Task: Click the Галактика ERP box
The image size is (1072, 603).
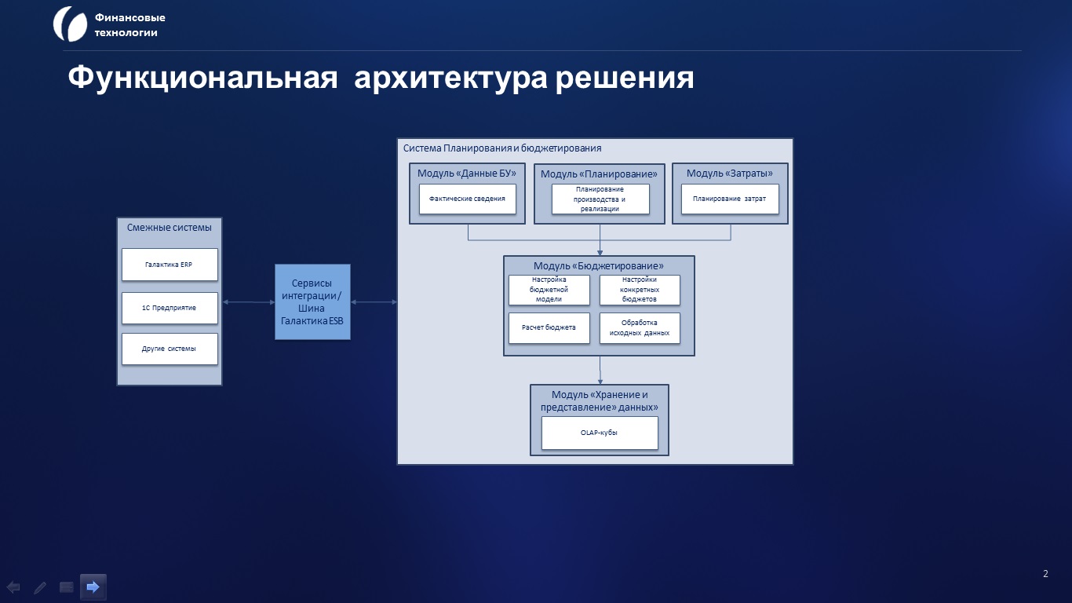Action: (x=170, y=265)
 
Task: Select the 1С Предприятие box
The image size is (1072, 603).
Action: (x=170, y=308)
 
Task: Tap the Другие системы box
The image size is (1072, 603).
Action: (x=170, y=349)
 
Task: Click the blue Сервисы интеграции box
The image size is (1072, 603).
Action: (x=312, y=301)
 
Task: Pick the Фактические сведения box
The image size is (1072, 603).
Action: (x=468, y=199)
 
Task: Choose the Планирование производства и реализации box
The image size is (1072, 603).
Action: (x=600, y=199)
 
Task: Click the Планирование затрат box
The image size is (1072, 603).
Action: (x=730, y=199)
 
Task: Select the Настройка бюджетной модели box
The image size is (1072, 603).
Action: (x=549, y=290)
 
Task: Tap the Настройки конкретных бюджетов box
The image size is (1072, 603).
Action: (x=640, y=290)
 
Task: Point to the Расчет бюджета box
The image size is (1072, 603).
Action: (x=549, y=328)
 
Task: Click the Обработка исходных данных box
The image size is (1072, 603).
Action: (x=640, y=328)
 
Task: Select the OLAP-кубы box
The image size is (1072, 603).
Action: (x=600, y=433)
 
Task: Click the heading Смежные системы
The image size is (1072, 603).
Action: (x=169, y=228)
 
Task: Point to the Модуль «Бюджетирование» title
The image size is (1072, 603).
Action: (x=599, y=266)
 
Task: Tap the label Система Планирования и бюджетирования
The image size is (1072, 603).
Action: (x=502, y=148)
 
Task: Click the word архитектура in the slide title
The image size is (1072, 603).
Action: (x=450, y=78)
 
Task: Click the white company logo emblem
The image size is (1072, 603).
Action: (x=70, y=24)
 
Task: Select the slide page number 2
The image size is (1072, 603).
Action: (x=1045, y=574)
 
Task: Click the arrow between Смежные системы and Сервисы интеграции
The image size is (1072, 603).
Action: (x=249, y=301)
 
